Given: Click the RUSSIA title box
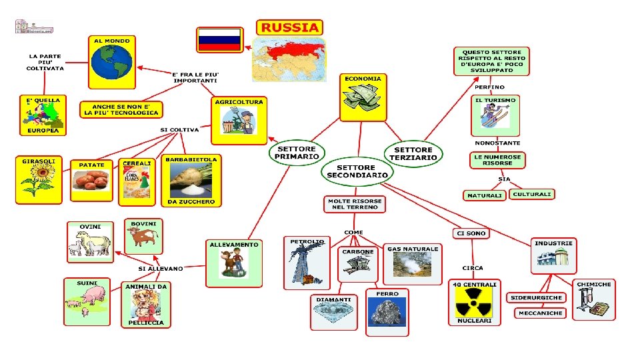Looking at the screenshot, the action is tap(289, 27).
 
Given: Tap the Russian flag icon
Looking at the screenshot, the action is tap(219, 40).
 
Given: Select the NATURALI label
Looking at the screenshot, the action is tap(484, 195).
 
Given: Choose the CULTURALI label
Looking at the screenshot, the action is tap(532, 194).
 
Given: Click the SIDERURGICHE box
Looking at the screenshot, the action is tap(536, 297).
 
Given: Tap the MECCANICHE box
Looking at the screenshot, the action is tap(540, 313).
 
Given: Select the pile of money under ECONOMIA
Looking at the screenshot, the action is tap(363, 100).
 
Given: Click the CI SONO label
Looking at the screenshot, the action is tap(471, 233).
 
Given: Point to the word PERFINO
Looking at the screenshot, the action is tap(489, 87).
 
